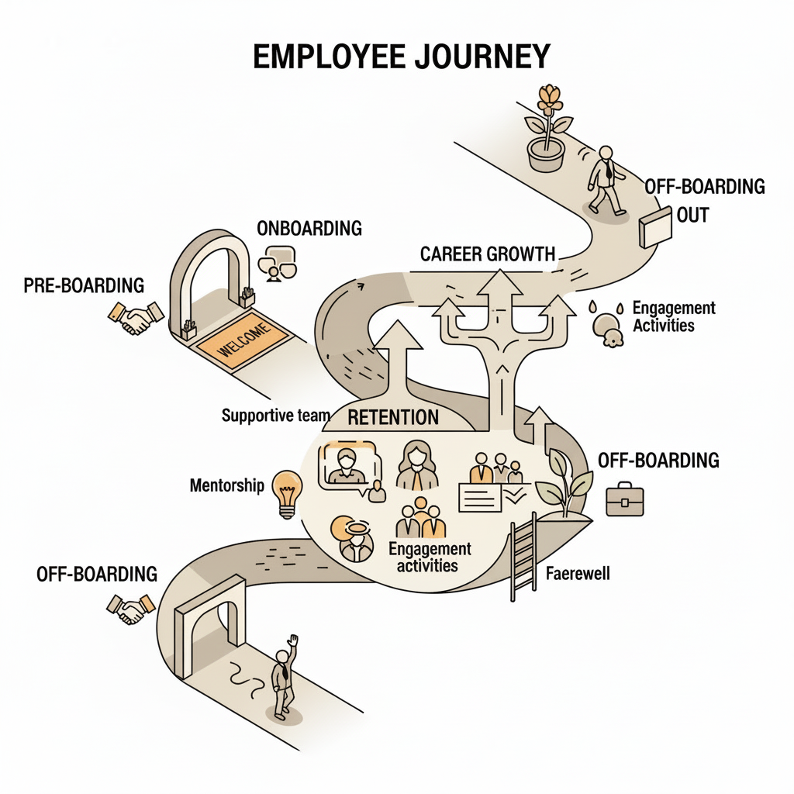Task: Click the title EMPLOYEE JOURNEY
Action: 402,58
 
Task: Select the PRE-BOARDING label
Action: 84,285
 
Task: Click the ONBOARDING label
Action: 309,228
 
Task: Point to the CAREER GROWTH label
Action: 488,254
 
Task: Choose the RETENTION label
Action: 393,417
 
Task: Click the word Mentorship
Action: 227,486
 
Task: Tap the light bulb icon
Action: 288,492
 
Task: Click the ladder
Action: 523,560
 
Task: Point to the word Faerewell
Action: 578,575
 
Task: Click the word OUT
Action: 692,215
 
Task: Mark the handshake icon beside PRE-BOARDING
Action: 136,317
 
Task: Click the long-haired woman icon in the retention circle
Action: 417,465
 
